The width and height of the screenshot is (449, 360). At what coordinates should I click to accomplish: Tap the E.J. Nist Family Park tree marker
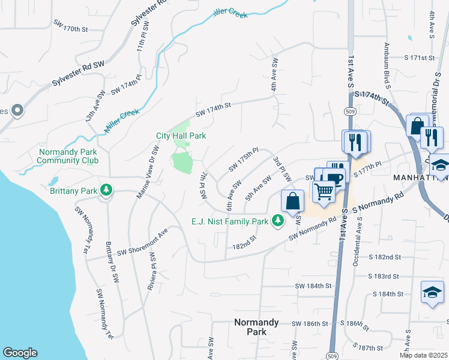[x=277, y=221]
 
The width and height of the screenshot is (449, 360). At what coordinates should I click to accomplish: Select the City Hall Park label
[x=181, y=136]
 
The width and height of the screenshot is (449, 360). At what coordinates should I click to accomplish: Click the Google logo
[x=20, y=353]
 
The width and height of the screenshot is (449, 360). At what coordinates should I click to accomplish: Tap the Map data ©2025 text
[x=424, y=355]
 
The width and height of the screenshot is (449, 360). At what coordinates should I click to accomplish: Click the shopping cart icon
[x=325, y=192]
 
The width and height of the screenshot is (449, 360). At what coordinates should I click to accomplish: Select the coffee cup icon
[x=334, y=178]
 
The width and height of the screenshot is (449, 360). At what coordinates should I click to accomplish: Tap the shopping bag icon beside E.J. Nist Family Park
[x=292, y=201]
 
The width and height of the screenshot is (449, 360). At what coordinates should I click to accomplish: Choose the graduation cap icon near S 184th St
[x=432, y=292]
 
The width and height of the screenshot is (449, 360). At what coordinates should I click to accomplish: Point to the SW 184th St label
[x=315, y=286]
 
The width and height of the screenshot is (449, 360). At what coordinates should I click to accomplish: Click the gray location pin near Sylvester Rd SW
[x=17, y=110]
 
